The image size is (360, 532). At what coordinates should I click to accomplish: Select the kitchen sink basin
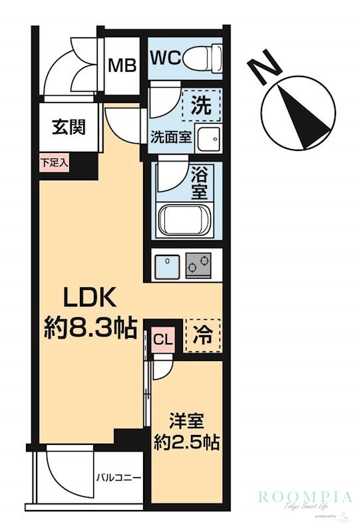tap(165, 267)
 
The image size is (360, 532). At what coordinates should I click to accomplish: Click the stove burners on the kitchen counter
tap(198, 267)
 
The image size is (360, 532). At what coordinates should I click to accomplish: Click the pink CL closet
tap(163, 338)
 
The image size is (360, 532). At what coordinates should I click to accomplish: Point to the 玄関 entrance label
tap(69, 126)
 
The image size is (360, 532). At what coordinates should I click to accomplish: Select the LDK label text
tap(90, 297)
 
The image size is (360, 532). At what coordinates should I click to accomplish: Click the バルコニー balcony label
tap(118, 477)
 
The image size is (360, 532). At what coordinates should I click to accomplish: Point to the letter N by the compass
tap(264, 69)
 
